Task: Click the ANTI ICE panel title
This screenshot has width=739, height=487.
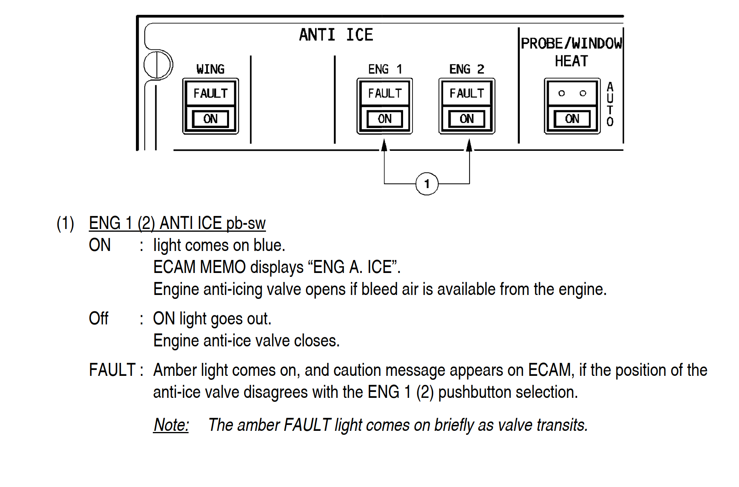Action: click(336, 35)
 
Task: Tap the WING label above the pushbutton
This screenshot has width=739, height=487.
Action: click(210, 70)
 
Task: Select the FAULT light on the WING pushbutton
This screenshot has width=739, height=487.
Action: click(211, 93)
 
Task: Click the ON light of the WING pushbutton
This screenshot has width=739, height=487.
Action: click(211, 119)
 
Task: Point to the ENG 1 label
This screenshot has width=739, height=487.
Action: click(385, 70)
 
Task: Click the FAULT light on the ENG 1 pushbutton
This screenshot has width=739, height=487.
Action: click(385, 93)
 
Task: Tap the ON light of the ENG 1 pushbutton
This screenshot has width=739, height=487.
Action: click(385, 119)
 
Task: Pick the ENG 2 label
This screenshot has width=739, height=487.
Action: click(466, 70)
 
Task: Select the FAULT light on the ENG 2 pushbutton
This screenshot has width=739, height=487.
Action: click(467, 93)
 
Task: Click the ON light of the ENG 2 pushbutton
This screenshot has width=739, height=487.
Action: click(467, 119)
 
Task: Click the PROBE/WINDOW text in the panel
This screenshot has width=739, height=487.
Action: click(571, 44)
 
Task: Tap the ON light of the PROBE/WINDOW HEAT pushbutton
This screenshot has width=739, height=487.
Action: click(572, 119)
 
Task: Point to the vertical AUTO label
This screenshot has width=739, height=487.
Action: click(610, 104)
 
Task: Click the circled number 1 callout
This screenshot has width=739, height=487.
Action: click(427, 184)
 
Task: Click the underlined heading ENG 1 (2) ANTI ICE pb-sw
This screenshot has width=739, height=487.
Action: click(177, 223)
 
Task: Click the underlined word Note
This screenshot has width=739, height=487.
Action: click(171, 425)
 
